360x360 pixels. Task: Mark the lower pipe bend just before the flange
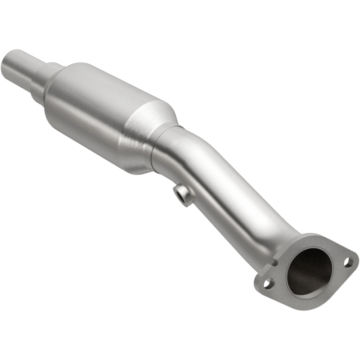(x=274, y=229)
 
